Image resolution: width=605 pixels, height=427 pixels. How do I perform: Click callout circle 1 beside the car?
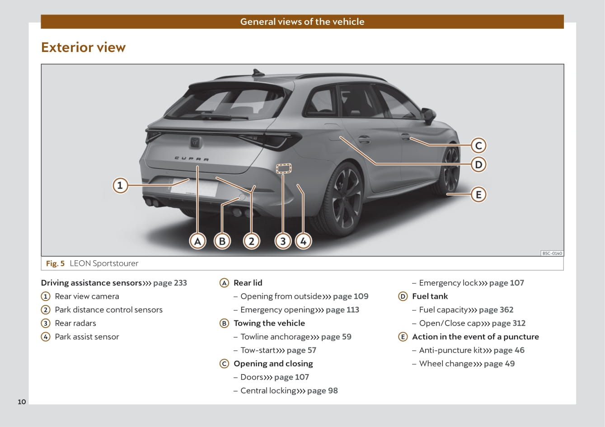pos(120,185)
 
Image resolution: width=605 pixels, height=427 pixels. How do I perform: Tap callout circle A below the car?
pos(198,241)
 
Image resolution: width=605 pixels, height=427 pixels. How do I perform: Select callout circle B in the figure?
pos(222,241)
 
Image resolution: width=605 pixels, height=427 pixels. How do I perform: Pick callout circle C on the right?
pos(478,145)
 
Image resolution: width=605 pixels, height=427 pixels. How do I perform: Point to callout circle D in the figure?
pos(478,164)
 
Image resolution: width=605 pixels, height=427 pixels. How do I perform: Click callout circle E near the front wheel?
pos(478,194)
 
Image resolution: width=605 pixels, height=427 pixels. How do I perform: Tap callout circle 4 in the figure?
pos(303,241)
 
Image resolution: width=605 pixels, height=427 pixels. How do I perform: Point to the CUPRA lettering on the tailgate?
pos(192,159)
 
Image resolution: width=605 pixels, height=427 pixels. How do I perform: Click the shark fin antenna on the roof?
pos(258,72)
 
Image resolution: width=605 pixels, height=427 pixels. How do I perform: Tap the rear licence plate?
pos(194,188)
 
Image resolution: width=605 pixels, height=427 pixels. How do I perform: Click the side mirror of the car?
pos(429,115)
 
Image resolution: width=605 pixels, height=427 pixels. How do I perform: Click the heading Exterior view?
pos(83,47)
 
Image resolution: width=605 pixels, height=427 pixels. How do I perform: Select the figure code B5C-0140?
pos(552,253)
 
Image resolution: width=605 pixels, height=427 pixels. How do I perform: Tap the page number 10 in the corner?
pos(22,402)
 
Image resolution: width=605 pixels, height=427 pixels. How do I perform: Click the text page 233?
pos(170,283)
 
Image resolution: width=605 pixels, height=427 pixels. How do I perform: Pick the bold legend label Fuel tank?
pos(430,296)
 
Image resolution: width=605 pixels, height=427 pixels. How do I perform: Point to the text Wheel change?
pos(446,364)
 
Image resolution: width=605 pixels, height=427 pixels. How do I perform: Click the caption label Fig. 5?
pos(55,263)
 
